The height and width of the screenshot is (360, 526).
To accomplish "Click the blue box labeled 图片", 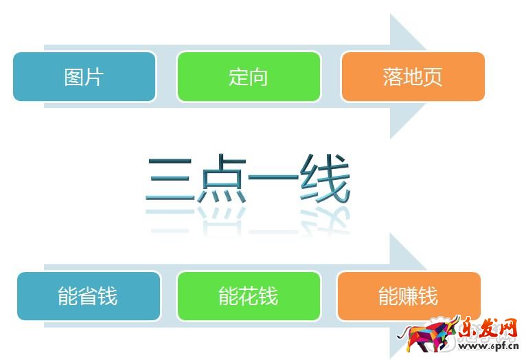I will click(84, 77).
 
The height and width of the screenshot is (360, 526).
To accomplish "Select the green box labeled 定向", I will click(248, 77).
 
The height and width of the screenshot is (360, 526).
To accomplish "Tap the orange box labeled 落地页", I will click(412, 77).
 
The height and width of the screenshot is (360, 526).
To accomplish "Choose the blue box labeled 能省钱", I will click(88, 296).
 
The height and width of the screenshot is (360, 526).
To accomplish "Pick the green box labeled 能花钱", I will click(248, 296).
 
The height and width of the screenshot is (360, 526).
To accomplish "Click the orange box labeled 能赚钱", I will click(408, 296).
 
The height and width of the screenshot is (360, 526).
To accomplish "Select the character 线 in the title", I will click(324, 180).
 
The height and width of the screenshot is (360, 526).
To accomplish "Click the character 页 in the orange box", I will click(432, 77).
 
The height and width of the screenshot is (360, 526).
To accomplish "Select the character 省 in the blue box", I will click(88, 296).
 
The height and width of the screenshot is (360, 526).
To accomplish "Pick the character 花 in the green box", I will click(248, 296).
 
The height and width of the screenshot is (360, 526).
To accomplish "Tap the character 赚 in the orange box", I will click(408, 296).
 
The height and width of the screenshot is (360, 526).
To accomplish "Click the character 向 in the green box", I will click(258, 77).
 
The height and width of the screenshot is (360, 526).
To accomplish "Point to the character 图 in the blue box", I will click(73, 77).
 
